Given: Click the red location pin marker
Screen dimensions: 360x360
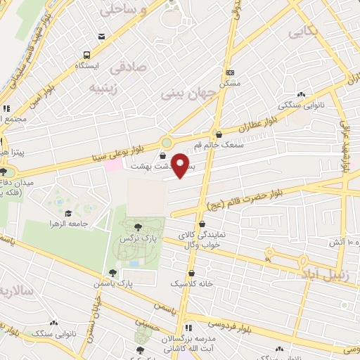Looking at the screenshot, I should point(182,166).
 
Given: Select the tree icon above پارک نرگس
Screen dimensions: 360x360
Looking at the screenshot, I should point(136,226).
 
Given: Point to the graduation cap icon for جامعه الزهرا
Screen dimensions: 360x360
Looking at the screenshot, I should point(68,213).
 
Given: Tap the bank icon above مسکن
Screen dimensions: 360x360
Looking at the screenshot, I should point(230,72).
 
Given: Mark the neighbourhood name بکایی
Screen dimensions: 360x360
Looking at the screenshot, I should point(302,31).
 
